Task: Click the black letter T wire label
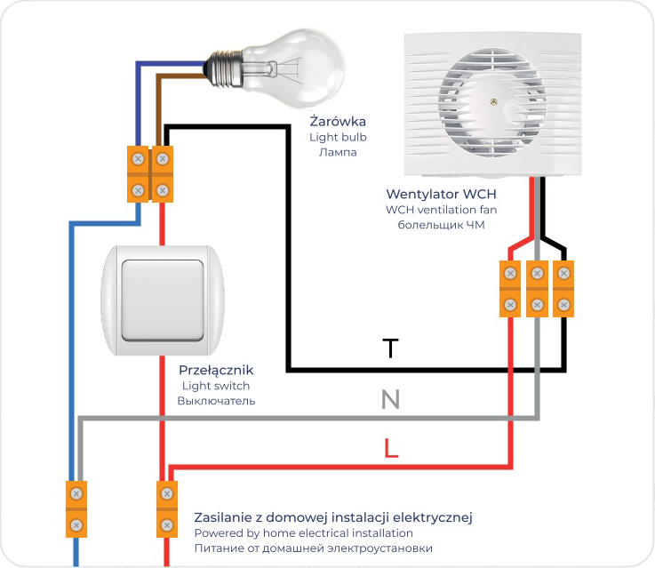(390, 348)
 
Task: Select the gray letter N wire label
(390, 399)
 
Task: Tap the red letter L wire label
(390, 448)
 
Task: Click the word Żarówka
(338, 121)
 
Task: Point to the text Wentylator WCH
(441, 194)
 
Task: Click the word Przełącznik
(216, 370)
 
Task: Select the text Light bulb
(338, 137)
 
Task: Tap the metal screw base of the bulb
(225, 68)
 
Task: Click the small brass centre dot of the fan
(493, 101)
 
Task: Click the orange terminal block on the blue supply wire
(76, 509)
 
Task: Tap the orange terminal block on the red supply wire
(167, 509)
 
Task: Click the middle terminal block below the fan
(537, 289)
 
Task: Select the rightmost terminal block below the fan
(563, 289)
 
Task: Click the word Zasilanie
(223, 517)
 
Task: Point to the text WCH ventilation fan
(441, 210)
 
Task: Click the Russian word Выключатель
(216, 401)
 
